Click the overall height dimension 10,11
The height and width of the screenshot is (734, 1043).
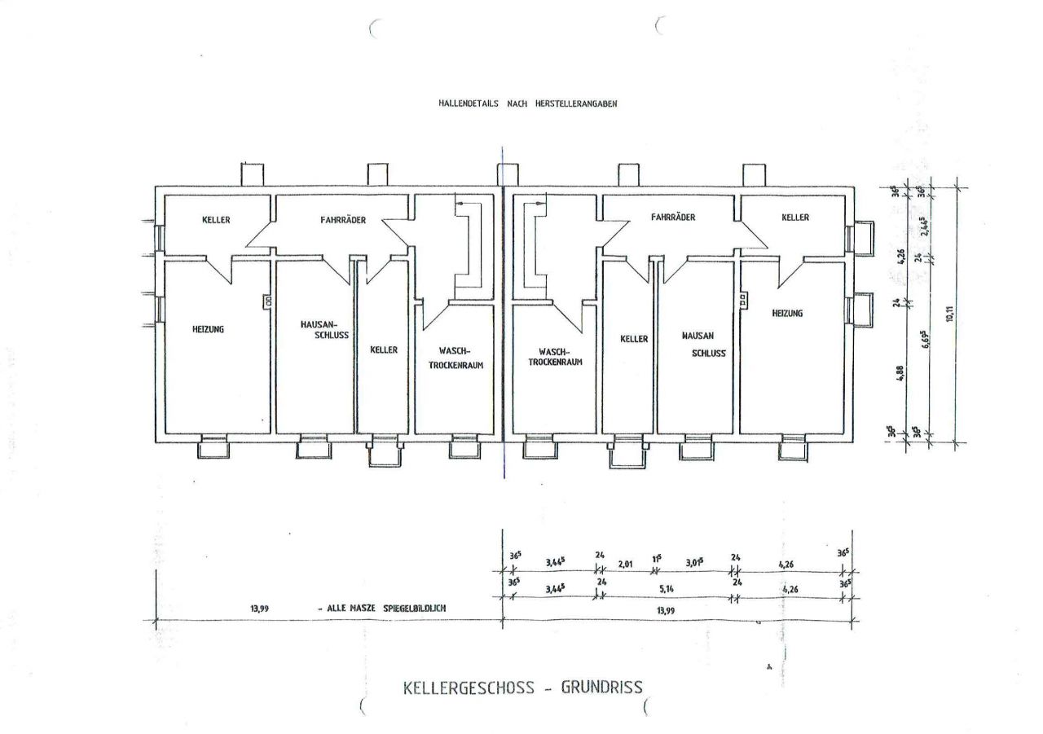pos(949,314)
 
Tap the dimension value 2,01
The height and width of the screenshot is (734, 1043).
pos(627,562)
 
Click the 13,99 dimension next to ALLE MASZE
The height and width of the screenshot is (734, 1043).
pos(261,609)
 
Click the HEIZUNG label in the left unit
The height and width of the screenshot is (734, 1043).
pos(208,329)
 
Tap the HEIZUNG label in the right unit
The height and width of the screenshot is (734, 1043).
pos(787,313)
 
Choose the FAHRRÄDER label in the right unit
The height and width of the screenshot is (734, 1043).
pos(672,218)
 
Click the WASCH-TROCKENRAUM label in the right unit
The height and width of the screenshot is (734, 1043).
pos(555,358)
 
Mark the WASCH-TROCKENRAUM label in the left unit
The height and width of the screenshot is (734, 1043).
pos(456,359)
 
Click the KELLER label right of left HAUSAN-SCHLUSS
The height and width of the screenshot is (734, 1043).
pos(384,349)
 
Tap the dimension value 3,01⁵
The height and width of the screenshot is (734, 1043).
pos(694,562)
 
